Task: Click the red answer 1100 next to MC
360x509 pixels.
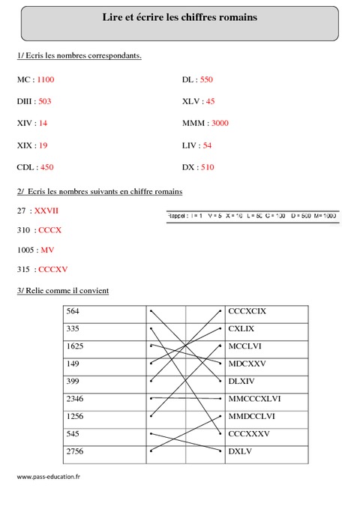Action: point(45,79)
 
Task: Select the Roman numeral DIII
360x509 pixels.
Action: point(24,100)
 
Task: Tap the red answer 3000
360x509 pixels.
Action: point(220,123)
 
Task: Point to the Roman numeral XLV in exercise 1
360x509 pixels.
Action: point(190,100)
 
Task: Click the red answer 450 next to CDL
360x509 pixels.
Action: point(46,167)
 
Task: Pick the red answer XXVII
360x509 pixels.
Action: point(46,211)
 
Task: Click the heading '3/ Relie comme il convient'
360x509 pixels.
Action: point(62,290)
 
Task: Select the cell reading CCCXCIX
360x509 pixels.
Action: point(247,310)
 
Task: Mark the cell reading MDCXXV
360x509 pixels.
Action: point(247,363)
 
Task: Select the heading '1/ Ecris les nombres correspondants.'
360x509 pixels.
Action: point(79,55)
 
